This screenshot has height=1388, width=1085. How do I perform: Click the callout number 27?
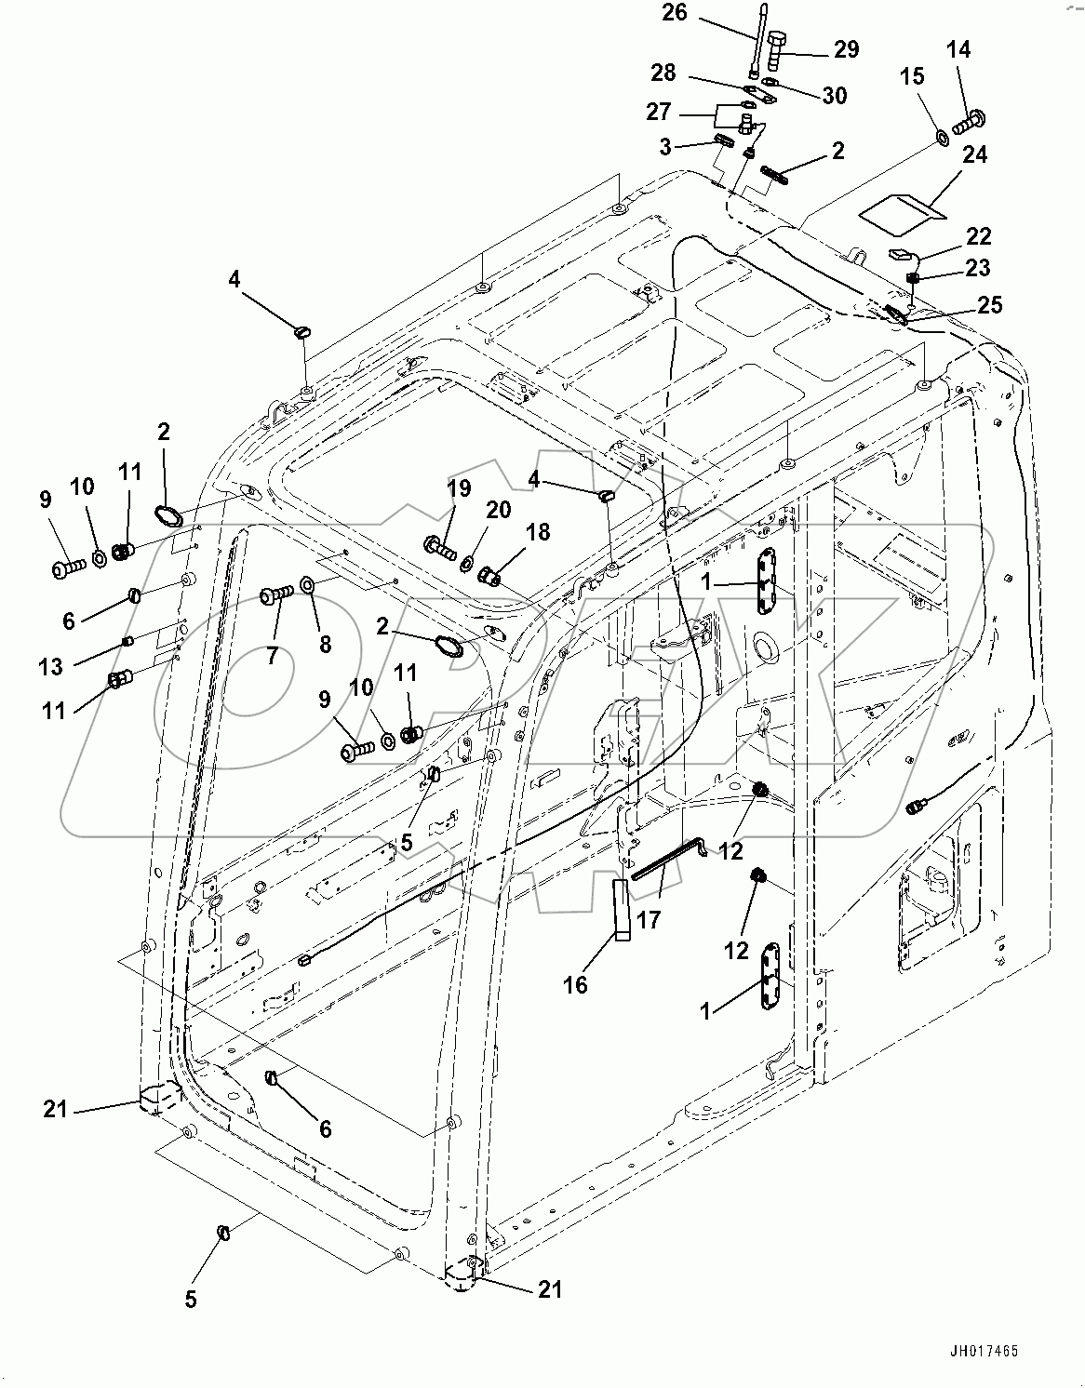pyautogui.click(x=659, y=112)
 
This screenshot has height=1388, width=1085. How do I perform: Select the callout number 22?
pyautogui.click(x=978, y=236)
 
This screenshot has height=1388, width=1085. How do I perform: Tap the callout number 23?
pyautogui.click(x=977, y=268)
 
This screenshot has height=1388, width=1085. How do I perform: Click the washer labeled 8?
pyautogui.click(x=308, y=587)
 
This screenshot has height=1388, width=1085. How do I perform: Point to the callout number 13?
pyautogui.click(x=50, y=666)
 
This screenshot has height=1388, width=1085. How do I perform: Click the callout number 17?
pyautogui.click(x=648, y=920)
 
